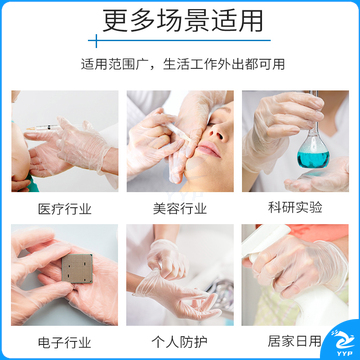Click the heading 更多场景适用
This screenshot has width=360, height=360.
click(x=183, y=21)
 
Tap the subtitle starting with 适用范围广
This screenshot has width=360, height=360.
click(x=183, y=64)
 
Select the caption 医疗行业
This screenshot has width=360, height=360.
click(x=64, y=209)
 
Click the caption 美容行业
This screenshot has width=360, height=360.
click(x=180, y=209)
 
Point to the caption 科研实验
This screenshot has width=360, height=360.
click(x=295, y=207)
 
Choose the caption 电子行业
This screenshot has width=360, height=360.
click(x=64, y=342)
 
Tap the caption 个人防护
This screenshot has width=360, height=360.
click(x=180, y=342)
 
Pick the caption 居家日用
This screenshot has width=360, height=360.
click(x=295, y=341)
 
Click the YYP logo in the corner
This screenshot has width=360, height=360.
click(x=342, y=342)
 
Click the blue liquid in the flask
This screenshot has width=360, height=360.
click(x=313, y=159)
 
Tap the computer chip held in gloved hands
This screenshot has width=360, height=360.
click(x=77, y=268)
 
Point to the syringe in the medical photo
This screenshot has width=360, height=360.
click(x=43, y=127)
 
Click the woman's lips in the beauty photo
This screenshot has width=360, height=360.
click(x=210, y=148)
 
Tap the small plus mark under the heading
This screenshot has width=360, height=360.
click(x=96, y=41)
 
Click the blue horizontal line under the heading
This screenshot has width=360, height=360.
click(x=180, y=41)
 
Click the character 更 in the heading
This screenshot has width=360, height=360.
click(x=114, y=21)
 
